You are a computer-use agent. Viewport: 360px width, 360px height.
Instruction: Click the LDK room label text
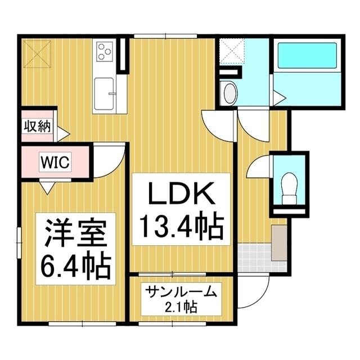[x=181, y=193]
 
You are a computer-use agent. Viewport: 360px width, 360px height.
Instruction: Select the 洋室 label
[x=75, y=233]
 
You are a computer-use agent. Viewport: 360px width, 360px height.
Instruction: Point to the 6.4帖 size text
[x=75, y=267]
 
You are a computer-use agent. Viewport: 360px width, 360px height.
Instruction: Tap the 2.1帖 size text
[x=181, y=307]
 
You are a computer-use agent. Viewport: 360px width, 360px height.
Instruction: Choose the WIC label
[x=55, y=162]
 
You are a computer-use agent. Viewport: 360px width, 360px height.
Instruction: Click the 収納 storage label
[x=38, y=126]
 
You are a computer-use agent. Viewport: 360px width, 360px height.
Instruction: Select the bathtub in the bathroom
[x=307, y=55]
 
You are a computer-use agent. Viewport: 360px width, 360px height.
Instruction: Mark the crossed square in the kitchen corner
[x=37, y=54]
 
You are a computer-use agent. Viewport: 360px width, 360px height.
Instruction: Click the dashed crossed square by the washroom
[x=232, y=51]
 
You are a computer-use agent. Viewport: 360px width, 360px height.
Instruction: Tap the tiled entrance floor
[x=255, y=258]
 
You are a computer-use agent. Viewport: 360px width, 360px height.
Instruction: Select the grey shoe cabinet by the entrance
[x=279, y=243]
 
